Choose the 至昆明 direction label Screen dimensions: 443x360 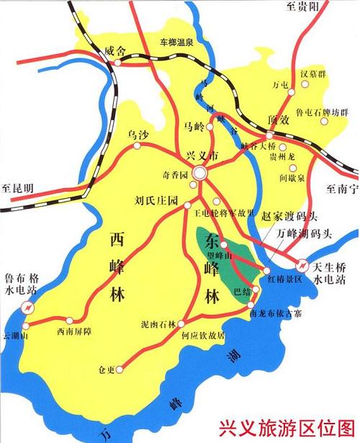[x=17, y=188]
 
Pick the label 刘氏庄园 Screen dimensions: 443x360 [x=156, y=201]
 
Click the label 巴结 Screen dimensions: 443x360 [x=243, y=292]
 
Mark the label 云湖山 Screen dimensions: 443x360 [x=14, y=335]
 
